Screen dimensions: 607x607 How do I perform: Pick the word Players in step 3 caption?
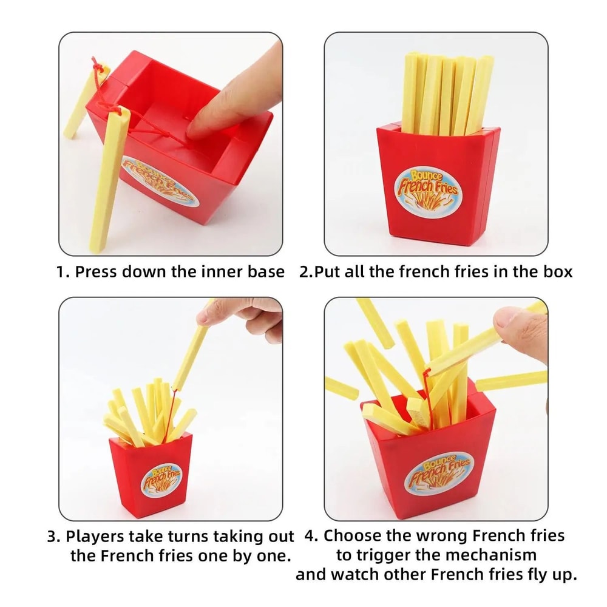click(x=95, y=537)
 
